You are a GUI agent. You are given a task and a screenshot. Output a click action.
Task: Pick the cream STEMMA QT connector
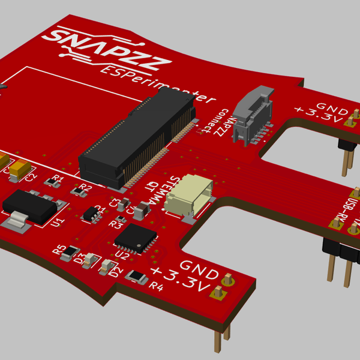coord(189,195)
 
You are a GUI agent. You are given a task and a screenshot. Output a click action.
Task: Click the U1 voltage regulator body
coord(29,206)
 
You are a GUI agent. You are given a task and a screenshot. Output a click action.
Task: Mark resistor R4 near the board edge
coord(137,277)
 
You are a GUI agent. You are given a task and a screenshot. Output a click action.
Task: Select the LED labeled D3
coord(90,259)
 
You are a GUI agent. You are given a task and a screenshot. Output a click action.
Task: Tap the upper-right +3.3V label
coord(318,115)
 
